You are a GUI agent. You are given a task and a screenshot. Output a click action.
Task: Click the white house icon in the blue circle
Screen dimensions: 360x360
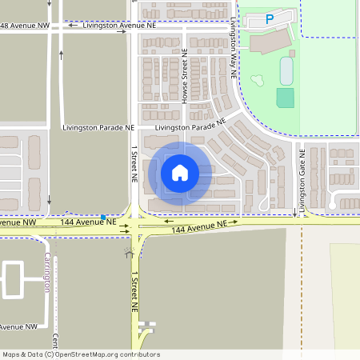[179, 172]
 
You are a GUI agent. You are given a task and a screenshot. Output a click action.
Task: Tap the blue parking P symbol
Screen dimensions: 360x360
[270, 18]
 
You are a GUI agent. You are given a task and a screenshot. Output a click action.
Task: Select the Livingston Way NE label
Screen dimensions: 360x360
[233, 47]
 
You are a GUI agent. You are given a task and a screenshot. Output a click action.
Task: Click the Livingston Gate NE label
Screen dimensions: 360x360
[302, 180]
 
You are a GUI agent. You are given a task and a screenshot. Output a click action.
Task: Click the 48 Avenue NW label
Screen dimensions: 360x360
[24, 26]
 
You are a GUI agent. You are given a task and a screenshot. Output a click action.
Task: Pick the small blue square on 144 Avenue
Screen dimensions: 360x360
[103, 217]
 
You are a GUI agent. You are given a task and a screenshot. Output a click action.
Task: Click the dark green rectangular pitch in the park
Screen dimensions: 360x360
[285, 98]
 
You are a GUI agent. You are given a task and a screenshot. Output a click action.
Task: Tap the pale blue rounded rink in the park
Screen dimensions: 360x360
[286, 71]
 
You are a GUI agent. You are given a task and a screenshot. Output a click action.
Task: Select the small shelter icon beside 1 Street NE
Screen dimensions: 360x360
[129, 254]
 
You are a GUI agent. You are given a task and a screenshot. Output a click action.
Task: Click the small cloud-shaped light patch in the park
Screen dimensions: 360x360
[258, 81]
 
